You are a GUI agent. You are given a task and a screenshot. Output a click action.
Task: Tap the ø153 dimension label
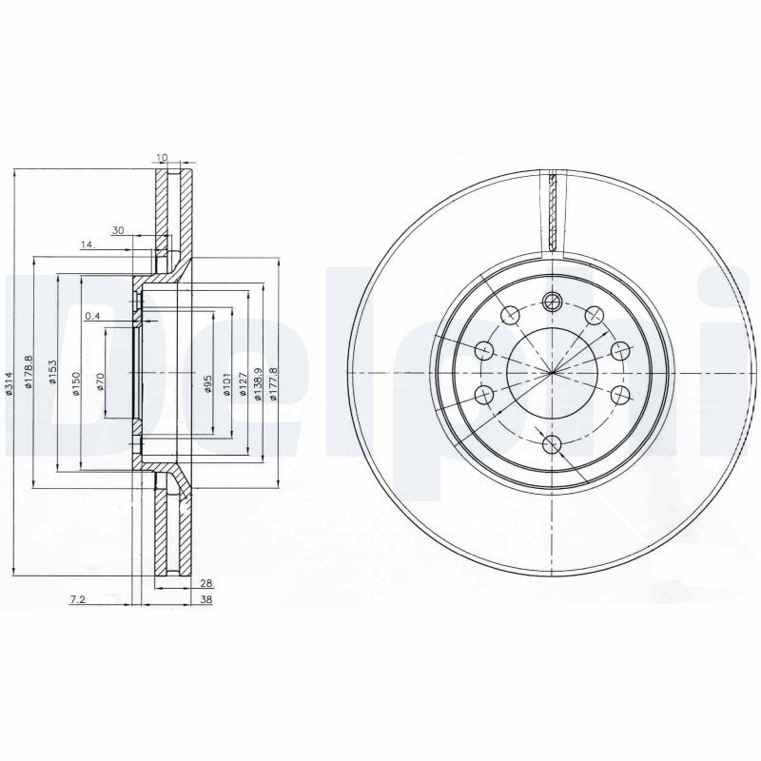[x=52, y=374]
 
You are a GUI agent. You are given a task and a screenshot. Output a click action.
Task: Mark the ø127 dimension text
[x=243, y=384]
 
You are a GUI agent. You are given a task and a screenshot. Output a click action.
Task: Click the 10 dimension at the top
[x=163, y=157]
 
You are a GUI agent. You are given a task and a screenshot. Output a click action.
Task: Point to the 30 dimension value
[x=118, y=230]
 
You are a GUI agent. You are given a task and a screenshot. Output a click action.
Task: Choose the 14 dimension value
[x=88, y=245]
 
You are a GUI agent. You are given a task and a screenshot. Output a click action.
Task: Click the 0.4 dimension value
[x=92, y=316]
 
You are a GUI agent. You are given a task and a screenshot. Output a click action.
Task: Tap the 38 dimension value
[x=205, y=600]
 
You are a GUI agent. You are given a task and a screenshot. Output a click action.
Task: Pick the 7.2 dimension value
[x=79, y=600]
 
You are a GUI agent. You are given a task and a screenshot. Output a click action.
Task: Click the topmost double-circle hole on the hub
[x=553, y=302]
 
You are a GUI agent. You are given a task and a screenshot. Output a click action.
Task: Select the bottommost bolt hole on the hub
[x=553, y=441]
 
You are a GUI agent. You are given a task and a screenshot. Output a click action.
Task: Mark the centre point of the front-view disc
[x=553, y=372]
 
